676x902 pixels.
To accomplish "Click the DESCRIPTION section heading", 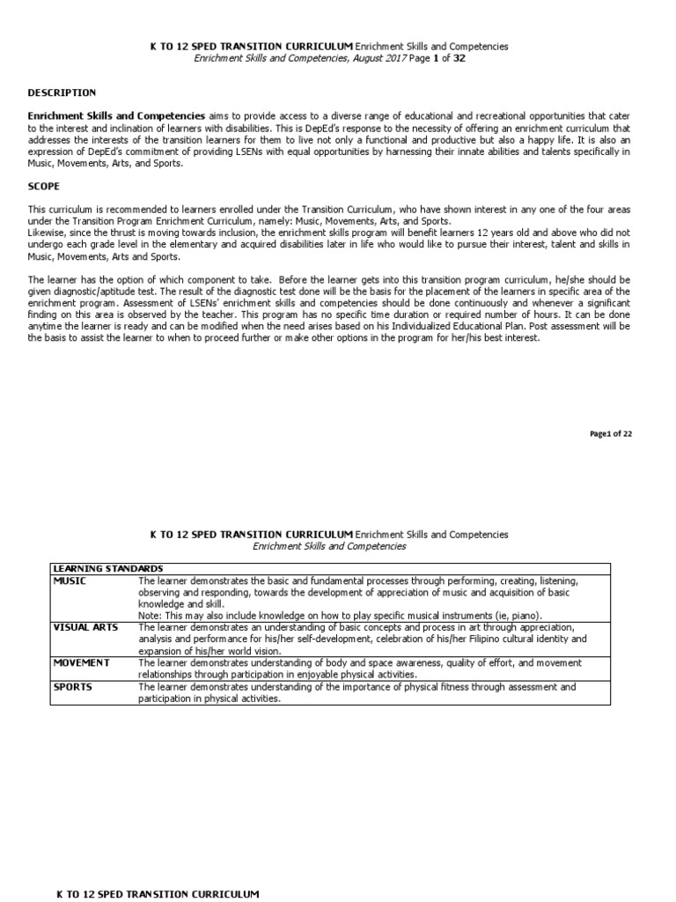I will click(62, 92).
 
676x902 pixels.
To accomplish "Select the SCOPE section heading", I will click(43, 187).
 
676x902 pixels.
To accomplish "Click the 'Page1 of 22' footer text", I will click(611, 434).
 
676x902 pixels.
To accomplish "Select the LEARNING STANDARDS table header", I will click(107, 568).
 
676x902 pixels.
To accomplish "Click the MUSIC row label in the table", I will click(70, 581).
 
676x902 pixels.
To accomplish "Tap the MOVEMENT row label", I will click(81, 662).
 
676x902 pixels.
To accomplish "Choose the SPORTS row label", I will click(73, 686).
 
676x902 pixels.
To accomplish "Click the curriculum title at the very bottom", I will click(158, 894).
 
